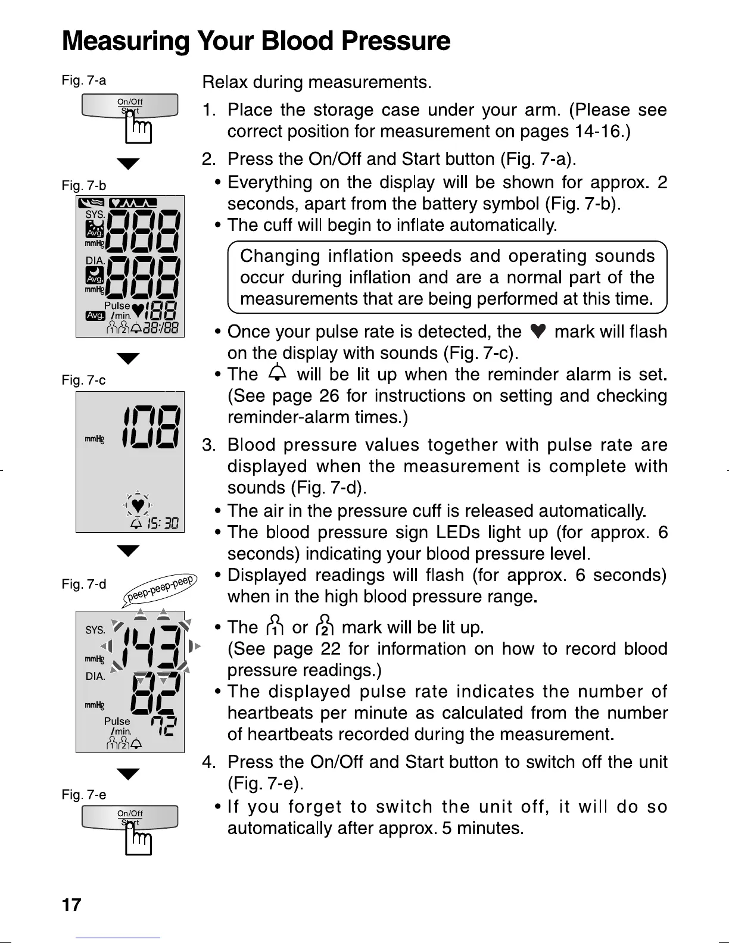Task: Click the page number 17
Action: coord(71,905)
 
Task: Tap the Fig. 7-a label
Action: coord(84,80)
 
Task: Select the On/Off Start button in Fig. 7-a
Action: coord(130,106)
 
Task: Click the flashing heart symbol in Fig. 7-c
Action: coord(138,505)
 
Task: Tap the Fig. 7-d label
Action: coord(84,584)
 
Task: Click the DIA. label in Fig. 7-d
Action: coord(95,676)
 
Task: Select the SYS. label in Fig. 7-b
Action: coord(95,214)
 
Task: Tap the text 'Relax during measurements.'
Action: coord(317,82)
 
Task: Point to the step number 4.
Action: coord(208,762)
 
